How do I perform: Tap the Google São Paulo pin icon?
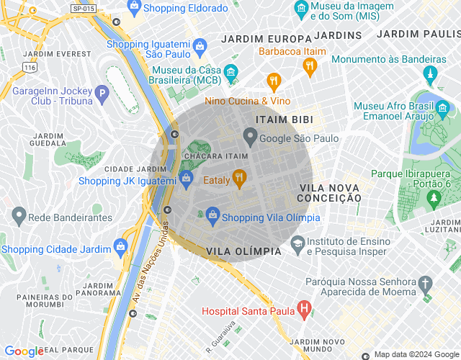(250, 135)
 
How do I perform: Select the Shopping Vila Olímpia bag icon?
(212, 215)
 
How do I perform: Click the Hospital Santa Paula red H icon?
(304, 310)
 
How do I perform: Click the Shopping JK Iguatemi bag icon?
(185, 178)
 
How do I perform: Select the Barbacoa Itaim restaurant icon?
(310, 67)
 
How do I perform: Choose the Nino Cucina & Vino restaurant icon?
(273, 81)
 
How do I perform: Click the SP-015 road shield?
(84, 8)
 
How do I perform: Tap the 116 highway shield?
(29, 66)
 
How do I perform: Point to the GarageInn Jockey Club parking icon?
(103, 93)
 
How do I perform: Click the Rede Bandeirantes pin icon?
(19, 215)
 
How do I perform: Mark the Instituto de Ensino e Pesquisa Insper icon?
(297, 246)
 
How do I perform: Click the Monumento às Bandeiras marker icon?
(431, 74)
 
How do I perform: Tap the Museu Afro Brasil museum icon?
(443, 110)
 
